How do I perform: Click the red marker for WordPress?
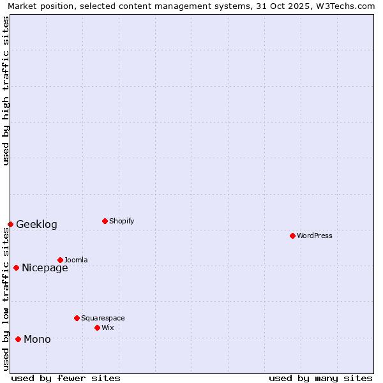point(292,236)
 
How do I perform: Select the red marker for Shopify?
point(105,221)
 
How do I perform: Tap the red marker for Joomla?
point(60,260)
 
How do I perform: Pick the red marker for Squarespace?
point(77,318)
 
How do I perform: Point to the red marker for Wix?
point(97,327)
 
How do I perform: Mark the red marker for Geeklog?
point(10,224)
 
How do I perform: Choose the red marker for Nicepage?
point(16,267)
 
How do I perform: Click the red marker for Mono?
point(18,339)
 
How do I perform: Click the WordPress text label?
point(315,236)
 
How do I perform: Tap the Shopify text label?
point(122,221)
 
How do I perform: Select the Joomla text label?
point(76,260)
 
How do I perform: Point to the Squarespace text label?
point(103,318)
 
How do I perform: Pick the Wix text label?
point(108,327)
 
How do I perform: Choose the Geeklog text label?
point(36,224)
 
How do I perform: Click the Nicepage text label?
point(45,267)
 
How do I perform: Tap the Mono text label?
point(37,339)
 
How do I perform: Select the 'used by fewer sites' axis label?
point(66,378)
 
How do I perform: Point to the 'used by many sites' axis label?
point(320,378)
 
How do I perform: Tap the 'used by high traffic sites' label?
point(6,91)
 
